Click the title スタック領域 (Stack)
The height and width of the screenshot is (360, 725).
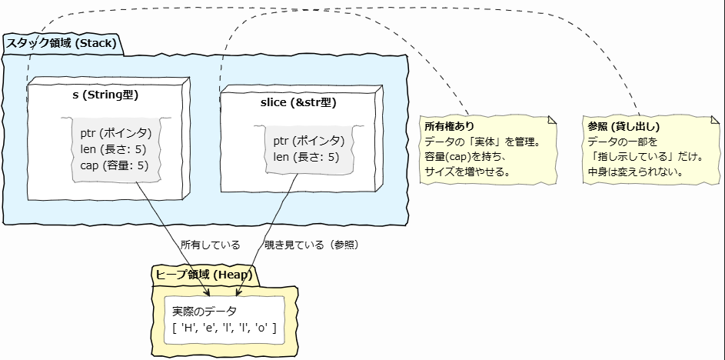click(x=62, y=43)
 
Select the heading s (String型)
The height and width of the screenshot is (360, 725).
click(x=105, y=95)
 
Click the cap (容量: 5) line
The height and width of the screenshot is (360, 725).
click(x=115, y=165)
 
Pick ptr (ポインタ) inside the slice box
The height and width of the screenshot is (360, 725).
click(x=308, y=141)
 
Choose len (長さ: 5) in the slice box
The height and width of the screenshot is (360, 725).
click(x=306, y=157)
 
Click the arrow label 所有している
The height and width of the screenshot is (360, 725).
click(x=210, y=245)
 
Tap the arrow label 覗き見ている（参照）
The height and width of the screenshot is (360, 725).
click(x=312, y=245)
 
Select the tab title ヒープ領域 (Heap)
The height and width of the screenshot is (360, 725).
click(x=204, y=275)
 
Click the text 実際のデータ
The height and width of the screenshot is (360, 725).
click(x=204, y=312)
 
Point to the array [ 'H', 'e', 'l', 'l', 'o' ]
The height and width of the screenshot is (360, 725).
click(x=224, y=328)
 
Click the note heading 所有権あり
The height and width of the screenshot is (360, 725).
click(x=449, y=126)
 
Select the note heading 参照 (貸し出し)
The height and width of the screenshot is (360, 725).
click(x=623, y=126)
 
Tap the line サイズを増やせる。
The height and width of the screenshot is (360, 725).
click(x=468, y=172)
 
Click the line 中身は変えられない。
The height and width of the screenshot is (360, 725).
click(x=637, y=172)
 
